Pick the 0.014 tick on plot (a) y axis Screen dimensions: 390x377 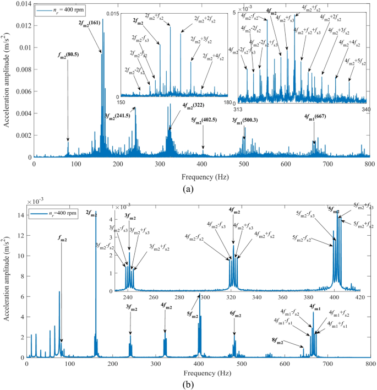(x=21, y=4)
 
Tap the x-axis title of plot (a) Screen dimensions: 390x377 (x=199, y=177)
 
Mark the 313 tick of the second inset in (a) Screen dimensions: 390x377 (x=238, y=108)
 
